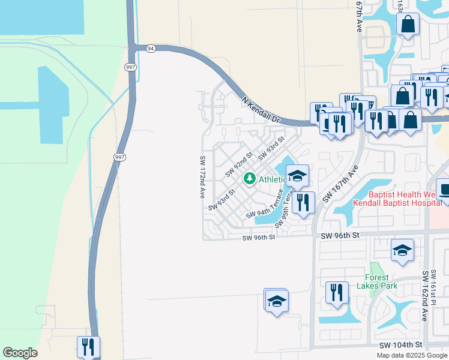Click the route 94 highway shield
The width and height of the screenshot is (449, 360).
[x=150, y=49]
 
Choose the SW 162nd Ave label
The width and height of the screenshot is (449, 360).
[x=425, y=295]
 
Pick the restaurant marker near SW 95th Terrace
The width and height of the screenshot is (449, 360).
[x=303, y=202]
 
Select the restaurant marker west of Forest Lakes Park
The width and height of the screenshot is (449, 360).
[x=337, y=292]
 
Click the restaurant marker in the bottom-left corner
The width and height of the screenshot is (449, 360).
[x=88, y=346]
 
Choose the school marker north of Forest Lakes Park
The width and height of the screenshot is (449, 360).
[x=402, y=250]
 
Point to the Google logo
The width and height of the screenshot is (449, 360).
[x=20, y=353]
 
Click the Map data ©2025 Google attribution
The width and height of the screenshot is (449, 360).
[x=412, y=355]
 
